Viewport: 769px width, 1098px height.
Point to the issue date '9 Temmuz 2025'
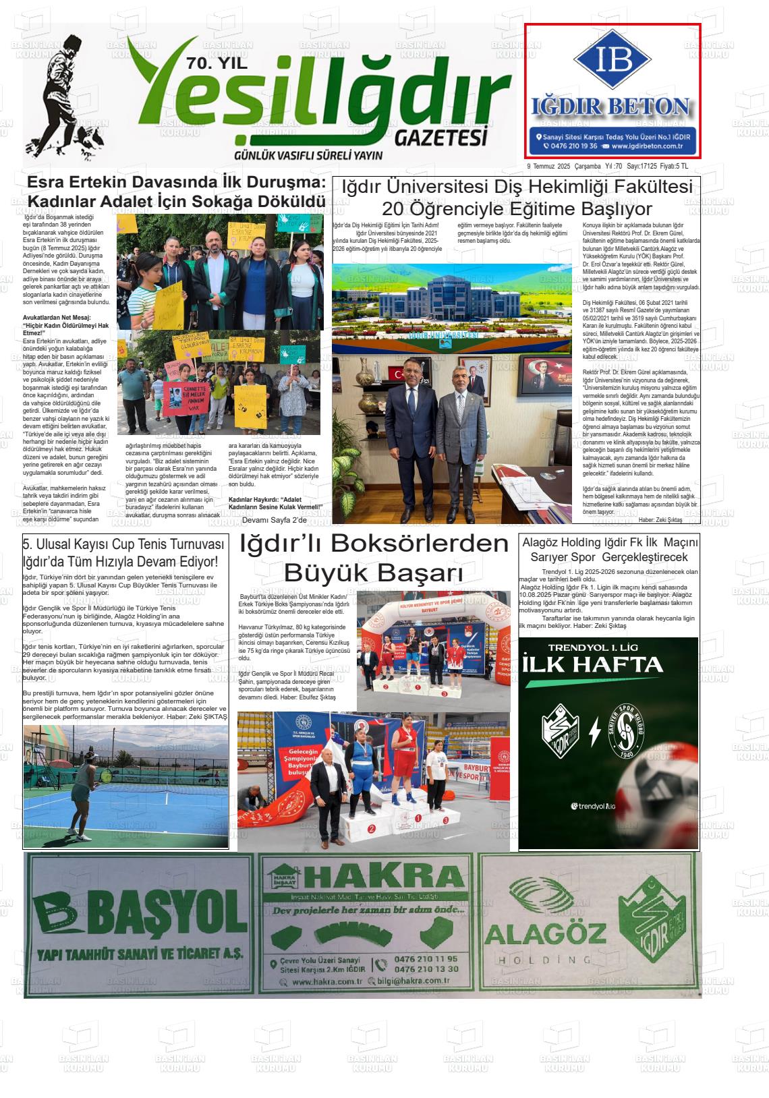point(548,167)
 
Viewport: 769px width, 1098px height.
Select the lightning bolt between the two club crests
point(595,732)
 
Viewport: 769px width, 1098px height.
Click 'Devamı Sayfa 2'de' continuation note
point(274,520)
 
